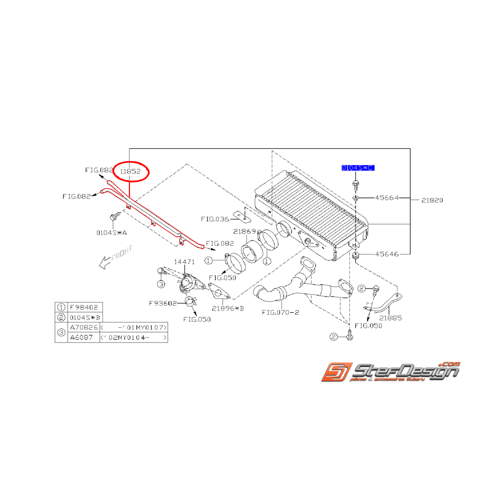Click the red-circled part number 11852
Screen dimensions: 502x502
pyautogui.click(x=130, y=171)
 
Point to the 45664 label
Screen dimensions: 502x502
pyautogui.click(x=387, y=198)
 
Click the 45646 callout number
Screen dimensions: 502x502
pyautogui.click(x=387, y=253)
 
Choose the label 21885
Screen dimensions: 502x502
pyautogui.click(x=390, y=318)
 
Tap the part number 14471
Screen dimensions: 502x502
pyautogui.click(x=183, y=261)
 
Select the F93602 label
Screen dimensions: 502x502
pyautogui.click(x=163, y=303)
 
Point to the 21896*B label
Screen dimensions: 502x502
pyautogui.click(x=228, y=308)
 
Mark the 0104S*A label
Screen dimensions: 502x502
pyautogui.click(x=112, y=232)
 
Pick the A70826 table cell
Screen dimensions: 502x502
pyautogui.click(x=83, y=327)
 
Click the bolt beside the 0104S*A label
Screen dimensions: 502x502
pyautogui.click(x=114, y=218)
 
